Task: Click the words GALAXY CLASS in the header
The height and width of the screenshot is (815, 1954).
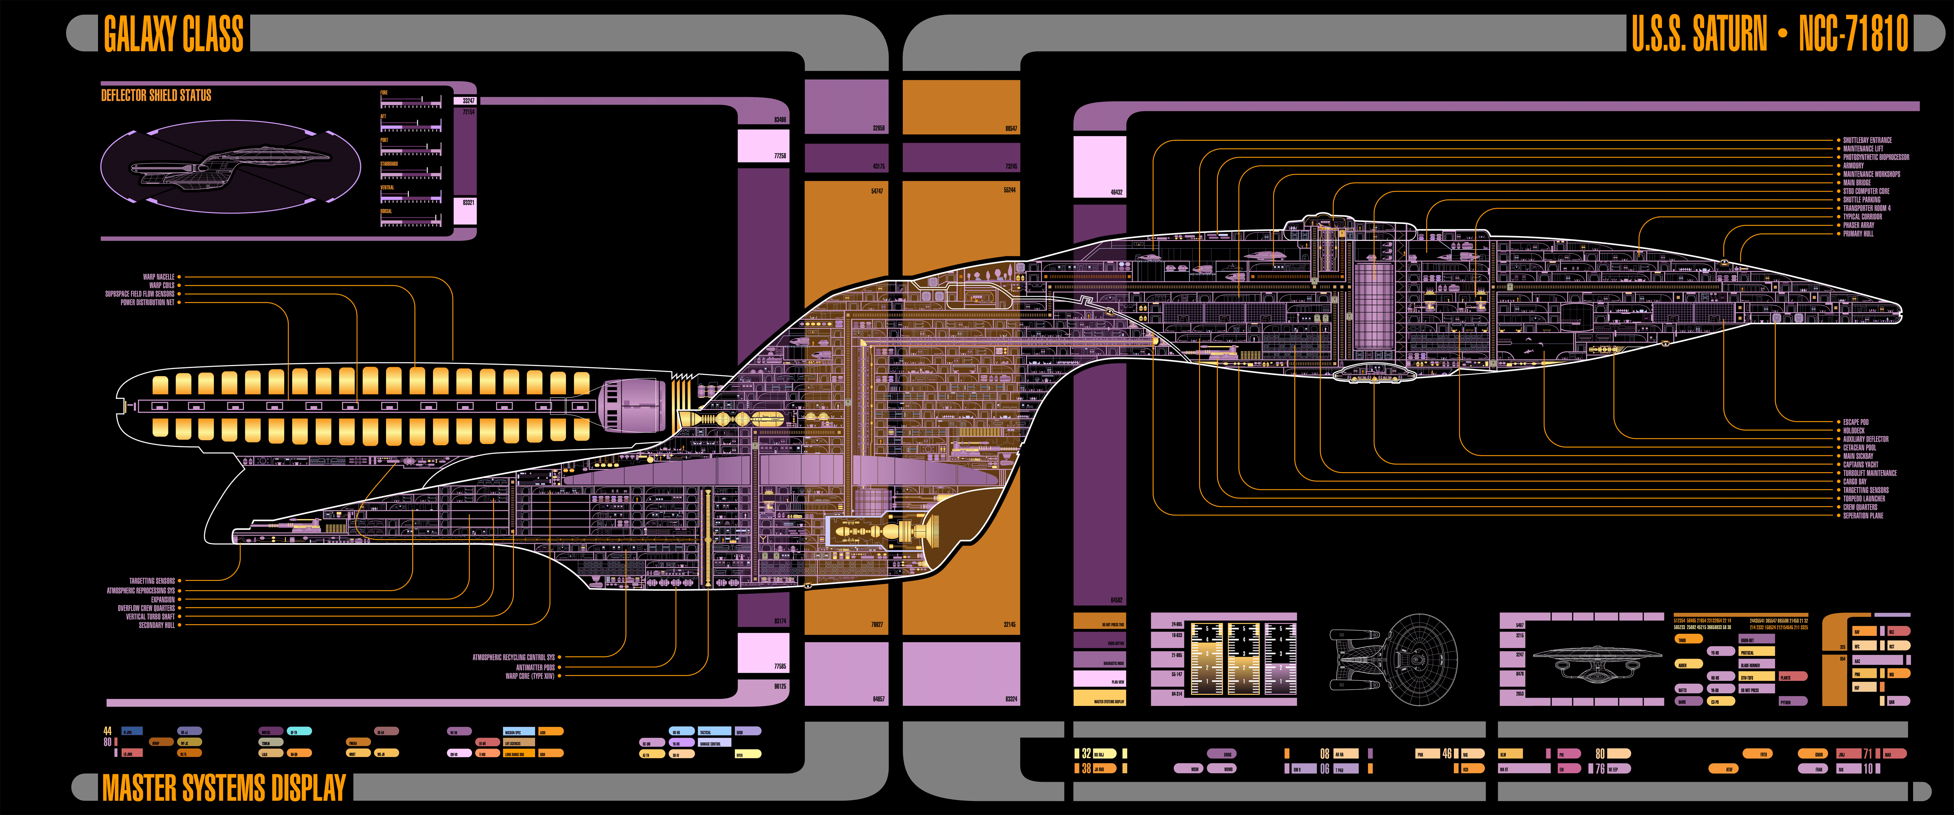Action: tap(174, 34)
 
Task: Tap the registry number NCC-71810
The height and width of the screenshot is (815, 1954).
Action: tap(1853, 34)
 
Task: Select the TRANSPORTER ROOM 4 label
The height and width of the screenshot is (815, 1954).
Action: tap(1867, 208)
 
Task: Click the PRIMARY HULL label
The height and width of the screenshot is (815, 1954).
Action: tap(1858, 233)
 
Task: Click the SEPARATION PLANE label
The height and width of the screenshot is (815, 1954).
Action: tap(1863, 515)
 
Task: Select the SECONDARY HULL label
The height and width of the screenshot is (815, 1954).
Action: tap(156, 625)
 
